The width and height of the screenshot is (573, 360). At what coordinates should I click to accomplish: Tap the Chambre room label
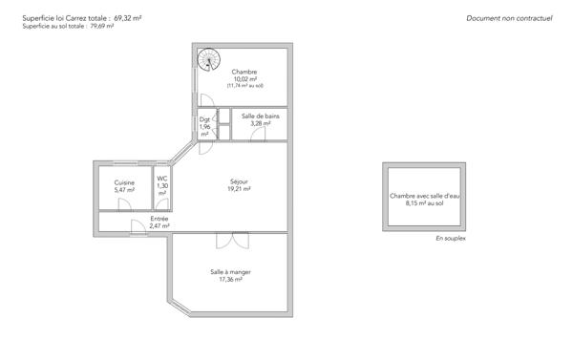pos(244,72)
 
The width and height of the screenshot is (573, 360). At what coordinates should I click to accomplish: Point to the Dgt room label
pos(204,119)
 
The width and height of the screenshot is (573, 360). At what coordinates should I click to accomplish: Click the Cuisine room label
pos(124,182)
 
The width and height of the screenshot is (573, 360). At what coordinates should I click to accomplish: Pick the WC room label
pos(162,179)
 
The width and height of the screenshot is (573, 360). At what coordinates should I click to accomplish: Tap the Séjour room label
pos(239,181)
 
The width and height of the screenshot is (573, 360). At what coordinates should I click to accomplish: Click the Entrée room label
pos(159,219)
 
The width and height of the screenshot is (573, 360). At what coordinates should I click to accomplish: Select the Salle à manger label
pos(230,272)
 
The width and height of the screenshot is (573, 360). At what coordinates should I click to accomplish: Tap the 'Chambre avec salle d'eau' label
pos(424,197)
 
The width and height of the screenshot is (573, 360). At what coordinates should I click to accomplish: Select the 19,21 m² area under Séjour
pos(239,189)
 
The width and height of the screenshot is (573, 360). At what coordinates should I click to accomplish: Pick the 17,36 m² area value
pos(230,280)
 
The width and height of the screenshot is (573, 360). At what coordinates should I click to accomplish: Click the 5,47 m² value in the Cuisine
pos(124,190)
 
